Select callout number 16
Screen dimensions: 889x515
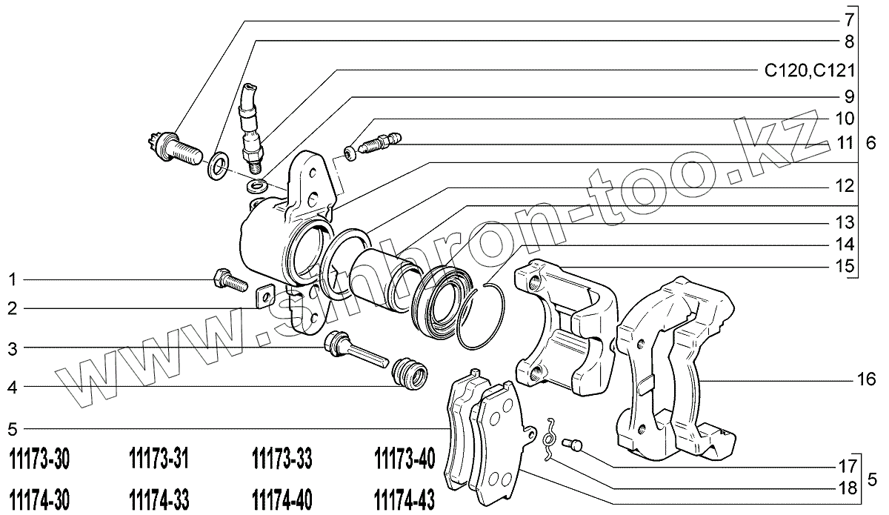pos(866,379)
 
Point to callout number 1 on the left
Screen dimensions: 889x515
pos(12,280)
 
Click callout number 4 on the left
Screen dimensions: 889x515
pos(12,386)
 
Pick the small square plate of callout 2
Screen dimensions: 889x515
pos(265,297)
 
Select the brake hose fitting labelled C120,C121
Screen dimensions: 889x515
pos(250,122)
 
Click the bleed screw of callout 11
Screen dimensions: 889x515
pos(376,143)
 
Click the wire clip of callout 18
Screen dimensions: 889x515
pos(549,439)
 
